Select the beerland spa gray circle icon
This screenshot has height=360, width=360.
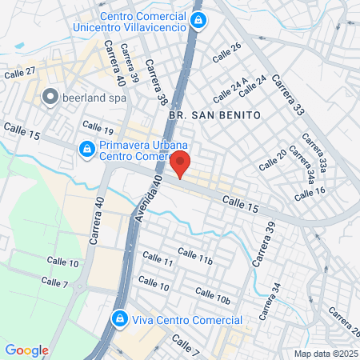[x=50, y=98]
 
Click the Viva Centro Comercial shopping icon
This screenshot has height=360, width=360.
[x=120, y=318]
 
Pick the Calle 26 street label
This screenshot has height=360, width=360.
[x=226, y=52]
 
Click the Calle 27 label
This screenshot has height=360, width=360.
[x=19, y=73]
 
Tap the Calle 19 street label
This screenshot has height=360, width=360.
[x=98, y=128]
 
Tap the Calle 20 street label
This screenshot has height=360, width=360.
[x=270, y=160]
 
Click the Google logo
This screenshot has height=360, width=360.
[x=26, y=350]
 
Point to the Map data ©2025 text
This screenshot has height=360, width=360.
[x=323, y=354]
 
